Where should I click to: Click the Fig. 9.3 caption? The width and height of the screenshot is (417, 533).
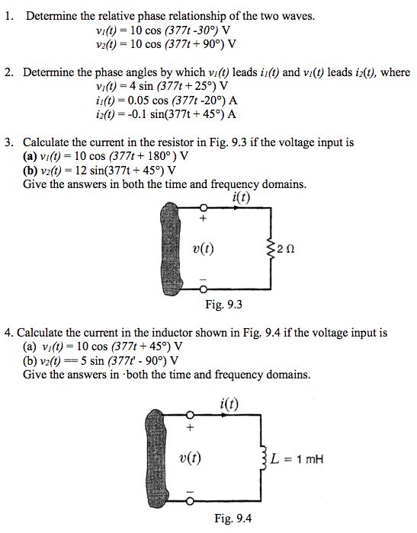[223, 306]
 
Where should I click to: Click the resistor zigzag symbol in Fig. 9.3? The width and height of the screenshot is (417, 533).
[268, 247]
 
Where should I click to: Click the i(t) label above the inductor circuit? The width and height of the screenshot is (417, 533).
[229, 404]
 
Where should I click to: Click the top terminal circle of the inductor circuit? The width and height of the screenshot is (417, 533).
[191, 416]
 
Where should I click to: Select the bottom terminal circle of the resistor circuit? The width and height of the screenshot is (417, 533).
[203, 290]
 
